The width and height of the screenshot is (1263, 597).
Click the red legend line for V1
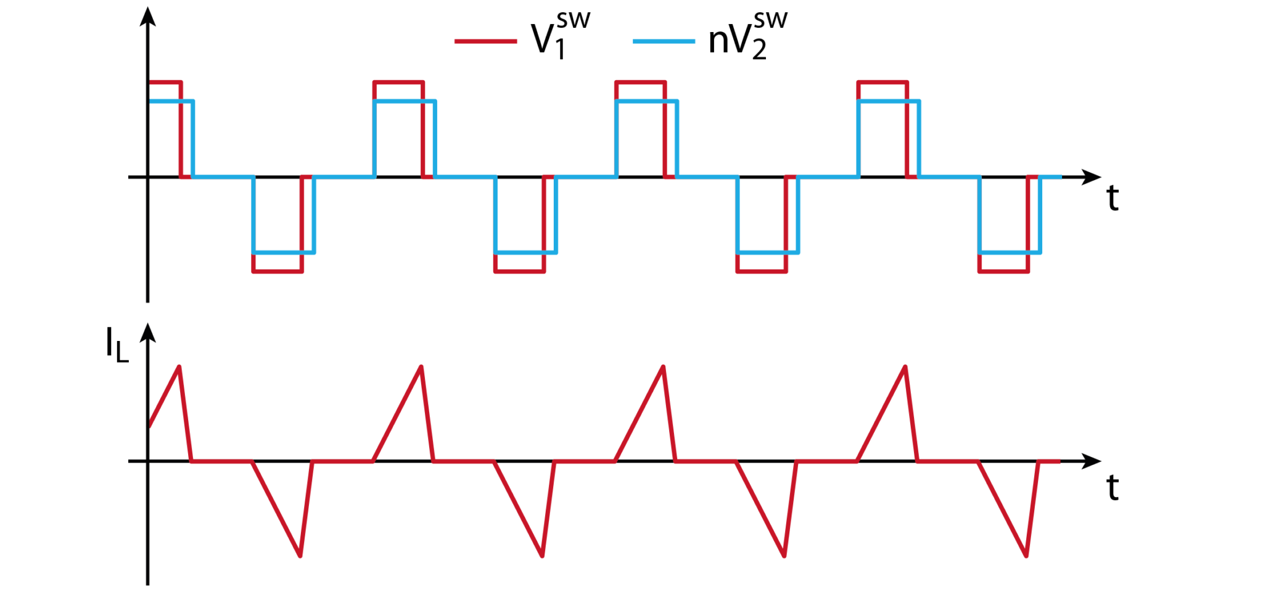point(485,41)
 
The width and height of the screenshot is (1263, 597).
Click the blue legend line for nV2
point(664,41)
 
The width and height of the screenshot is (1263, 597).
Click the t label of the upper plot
point(1113,199)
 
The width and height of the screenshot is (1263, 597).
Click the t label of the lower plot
point(1113,488)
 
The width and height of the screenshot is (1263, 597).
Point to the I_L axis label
point(117,345)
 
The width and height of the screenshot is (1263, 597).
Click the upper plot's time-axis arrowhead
point(1092,178)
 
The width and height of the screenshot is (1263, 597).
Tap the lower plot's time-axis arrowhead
point(1092,461)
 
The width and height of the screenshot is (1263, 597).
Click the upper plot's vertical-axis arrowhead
point(147,17)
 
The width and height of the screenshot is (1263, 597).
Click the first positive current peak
point(179,367)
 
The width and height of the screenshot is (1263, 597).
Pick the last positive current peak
point(905,367)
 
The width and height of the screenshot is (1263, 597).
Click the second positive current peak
point(421,367)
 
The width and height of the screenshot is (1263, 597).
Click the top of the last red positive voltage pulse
point(882,82)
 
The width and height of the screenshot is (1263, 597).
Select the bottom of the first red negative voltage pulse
point(278,271)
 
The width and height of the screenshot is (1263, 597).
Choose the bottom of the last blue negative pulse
point(1010,252)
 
